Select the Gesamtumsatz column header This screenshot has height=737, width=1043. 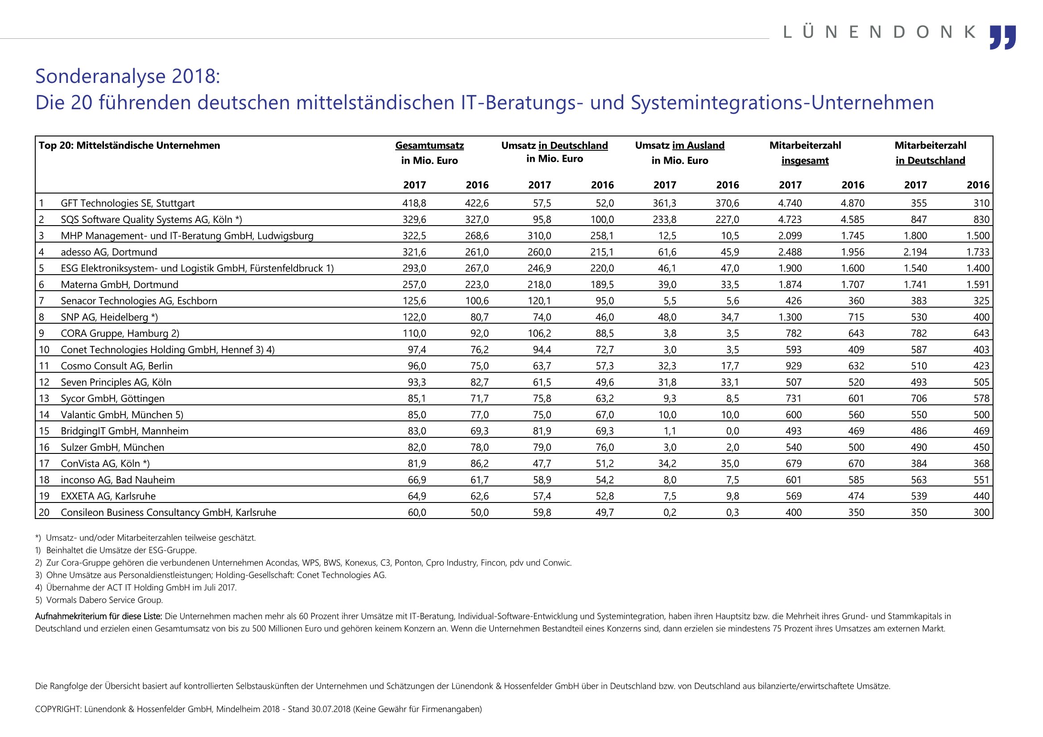point(429,145)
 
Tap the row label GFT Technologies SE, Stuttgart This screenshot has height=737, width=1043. point(128,203)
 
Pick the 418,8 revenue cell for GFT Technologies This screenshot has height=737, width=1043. point(414,203)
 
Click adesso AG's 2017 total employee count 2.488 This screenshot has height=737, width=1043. point(790,252)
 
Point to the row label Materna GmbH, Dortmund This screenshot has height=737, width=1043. point(120,285)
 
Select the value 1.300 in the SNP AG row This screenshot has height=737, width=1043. point(790,317)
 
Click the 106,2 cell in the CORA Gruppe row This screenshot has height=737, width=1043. point(539,334)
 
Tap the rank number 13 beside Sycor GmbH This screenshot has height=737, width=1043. point(44,399)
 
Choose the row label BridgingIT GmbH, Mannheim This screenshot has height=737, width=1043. point(124,431)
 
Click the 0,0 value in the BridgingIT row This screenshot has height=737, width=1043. point(732,431)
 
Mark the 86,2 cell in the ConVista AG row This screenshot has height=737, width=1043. point(480,464)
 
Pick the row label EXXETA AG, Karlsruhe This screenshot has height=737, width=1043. point(108,496)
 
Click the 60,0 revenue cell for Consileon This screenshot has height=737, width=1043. point(417,513)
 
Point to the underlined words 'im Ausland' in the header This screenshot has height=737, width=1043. point(698,145)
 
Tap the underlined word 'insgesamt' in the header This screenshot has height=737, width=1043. point(805,161)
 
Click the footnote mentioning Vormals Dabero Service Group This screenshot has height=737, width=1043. point(99,600)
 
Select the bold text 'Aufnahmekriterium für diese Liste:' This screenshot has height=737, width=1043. point(99,616)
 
